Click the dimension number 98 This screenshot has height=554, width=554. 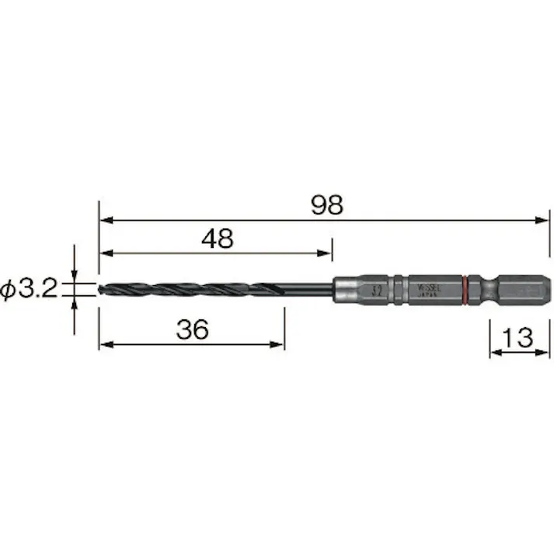[326, 205]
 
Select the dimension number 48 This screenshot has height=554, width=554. [217, 239]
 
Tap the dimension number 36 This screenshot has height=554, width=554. [192, 329]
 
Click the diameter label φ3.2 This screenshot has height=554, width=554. [30, 290]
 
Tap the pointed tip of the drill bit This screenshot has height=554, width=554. [100, 290]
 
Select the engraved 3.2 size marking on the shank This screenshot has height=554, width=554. [377, 290]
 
